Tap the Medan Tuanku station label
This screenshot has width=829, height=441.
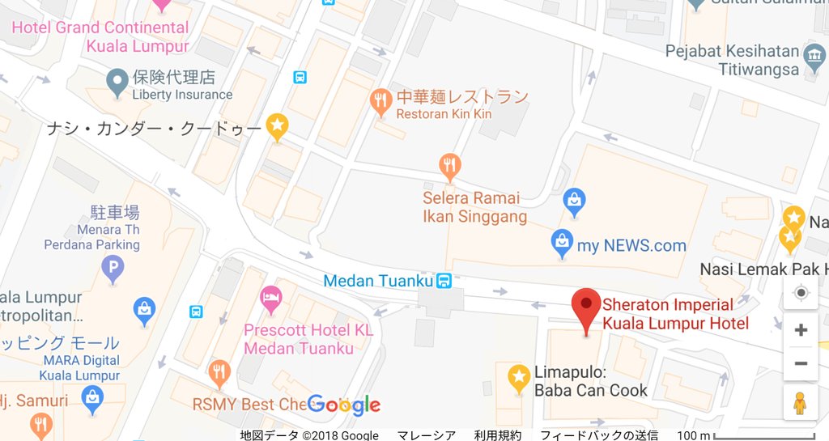(378, 281)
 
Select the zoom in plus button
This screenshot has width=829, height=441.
(801, 330)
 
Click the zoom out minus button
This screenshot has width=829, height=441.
(801, 363)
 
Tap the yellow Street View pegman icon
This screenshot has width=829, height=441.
(800, 402)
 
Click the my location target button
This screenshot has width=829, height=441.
(801, 293)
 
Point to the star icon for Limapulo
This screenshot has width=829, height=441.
(518, 377)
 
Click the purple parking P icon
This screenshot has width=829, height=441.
(113, 266)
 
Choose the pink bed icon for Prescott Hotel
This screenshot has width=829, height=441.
(271, 299)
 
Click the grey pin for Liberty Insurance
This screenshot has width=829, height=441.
(118, 79)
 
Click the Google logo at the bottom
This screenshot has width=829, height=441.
(343, 405)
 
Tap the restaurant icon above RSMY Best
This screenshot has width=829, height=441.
(219, 372)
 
